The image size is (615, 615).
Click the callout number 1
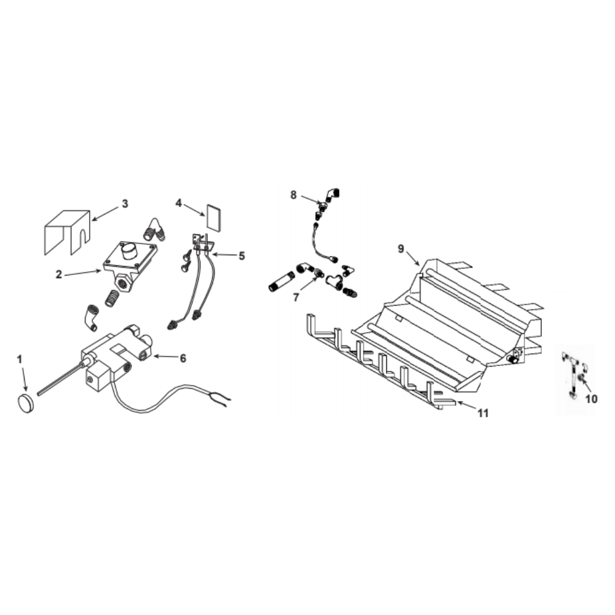pyautogui.click(x=20, y=359)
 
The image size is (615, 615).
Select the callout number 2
pyautogui.click(x=59, y=274)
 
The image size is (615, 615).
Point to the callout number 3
pyautogui.click(x=125, y=204)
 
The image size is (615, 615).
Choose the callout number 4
pyautogui.click(x=178, y=203)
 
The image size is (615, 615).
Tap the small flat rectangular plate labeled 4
pyautogui.click(x=214, y=218)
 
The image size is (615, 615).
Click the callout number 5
pyautogui.click(x=242, y=256)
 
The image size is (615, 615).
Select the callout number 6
pyautogui.click(x=183, y=358)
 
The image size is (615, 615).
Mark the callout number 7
pyautogui.click(x=296, y=297)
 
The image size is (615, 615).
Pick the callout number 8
pyautogui.click(x=293, y=195)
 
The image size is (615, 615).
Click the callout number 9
pyautogui.click(x=401, y=248)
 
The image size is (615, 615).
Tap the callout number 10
pyautogui.click(x=591, y=399)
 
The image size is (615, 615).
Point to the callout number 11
pyautogui.click(x=483, y=413)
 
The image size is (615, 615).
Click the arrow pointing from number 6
pyautogui.click(x=165, y=357)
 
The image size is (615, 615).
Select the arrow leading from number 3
pyautogui.click(x=105, y=214)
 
